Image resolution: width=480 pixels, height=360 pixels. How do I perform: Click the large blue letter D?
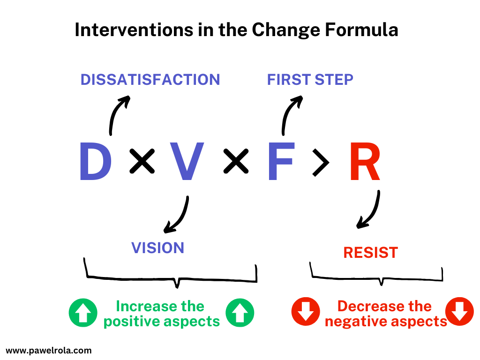coord(95,162)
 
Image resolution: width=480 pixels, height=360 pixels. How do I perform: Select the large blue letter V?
coord(187,162)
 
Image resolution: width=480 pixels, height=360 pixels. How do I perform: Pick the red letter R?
coord(365,162)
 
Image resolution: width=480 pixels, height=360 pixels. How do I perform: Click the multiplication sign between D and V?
coord(142,162)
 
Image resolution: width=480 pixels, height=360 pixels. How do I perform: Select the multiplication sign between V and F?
coord(235,162)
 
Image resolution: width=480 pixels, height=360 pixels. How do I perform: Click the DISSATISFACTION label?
coord(150,80)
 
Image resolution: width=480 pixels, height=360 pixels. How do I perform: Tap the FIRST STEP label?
coord(310,80)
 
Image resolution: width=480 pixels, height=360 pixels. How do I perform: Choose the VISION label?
coord(157,248)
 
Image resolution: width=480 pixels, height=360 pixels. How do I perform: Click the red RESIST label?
coord(370,253)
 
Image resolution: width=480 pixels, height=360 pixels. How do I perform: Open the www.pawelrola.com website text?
coord(49,350)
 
